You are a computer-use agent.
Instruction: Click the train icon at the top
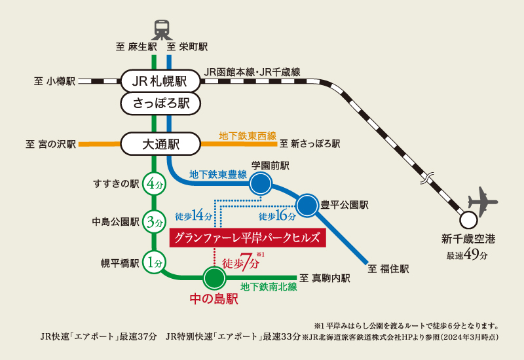161,29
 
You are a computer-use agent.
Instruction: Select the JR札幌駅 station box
160,82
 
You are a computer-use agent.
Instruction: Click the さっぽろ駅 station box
160,103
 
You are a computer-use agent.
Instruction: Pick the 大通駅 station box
160,143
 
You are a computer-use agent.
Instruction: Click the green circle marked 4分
155,184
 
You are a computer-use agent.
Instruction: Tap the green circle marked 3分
155,223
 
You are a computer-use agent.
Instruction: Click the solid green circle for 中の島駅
214,278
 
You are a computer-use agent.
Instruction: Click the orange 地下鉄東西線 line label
248,136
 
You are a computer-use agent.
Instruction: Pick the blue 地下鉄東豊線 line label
217,175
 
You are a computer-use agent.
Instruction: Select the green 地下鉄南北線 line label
269,287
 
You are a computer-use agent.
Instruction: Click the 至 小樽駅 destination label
55,82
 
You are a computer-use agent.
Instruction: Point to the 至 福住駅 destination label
388,268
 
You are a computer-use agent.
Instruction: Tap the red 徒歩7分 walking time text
241,263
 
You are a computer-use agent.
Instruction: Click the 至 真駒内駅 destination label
324,278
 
